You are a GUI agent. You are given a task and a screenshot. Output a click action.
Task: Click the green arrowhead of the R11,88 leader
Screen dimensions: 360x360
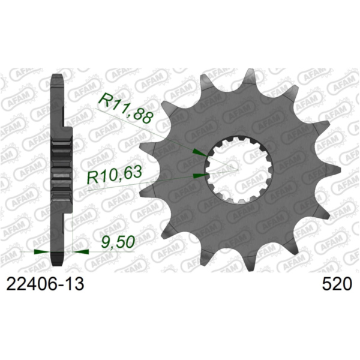pos(198,154)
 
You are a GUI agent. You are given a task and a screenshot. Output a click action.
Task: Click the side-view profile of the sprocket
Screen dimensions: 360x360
pos(58,168)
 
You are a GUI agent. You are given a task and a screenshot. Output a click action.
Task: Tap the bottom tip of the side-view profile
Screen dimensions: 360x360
pos(58,262)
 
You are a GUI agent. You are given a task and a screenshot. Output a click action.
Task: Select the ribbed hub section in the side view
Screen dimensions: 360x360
pos(61,168)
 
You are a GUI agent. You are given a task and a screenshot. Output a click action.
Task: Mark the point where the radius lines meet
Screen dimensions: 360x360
pos(239,168)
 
